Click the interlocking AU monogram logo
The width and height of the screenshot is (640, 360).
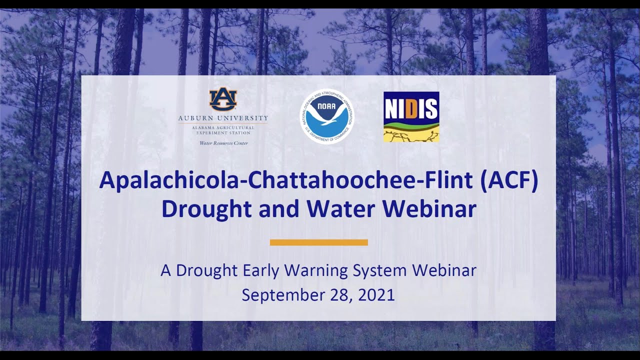pyautogui.click(x=223, y=99)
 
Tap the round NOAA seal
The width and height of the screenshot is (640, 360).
pyautogui.click(x=326, y=116)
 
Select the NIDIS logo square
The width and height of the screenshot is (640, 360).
pyautogui.click(x=411, y=116)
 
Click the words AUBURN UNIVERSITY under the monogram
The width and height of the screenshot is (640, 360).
pyautogui.click(x=223, y=118)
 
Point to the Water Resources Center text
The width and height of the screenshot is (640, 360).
pyautogui.click(x=223, y=143)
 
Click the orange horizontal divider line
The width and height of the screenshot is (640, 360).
pyautogui.click(x=319, y=242)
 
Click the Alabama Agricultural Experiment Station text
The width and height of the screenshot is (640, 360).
pyautogui.click(x=223, y=131)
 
